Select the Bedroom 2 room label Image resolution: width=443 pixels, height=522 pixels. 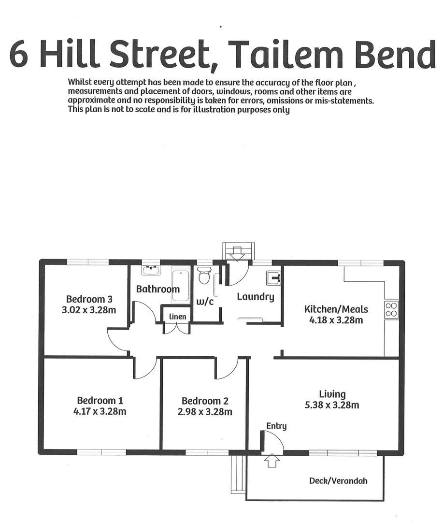205,401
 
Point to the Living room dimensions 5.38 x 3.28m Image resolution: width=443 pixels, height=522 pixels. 332,405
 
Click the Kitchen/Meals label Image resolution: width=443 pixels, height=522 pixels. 336,309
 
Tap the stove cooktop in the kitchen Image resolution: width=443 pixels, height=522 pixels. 391,309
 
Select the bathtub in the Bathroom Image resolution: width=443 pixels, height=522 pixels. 181,285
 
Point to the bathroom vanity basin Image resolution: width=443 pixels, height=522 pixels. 151,270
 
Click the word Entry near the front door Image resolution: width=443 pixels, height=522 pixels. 276,426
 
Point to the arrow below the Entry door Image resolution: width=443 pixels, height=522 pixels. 272,461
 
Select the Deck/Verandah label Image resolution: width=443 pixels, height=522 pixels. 338,480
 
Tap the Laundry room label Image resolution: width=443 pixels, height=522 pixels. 256,297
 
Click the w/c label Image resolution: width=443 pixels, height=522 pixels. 205,302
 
